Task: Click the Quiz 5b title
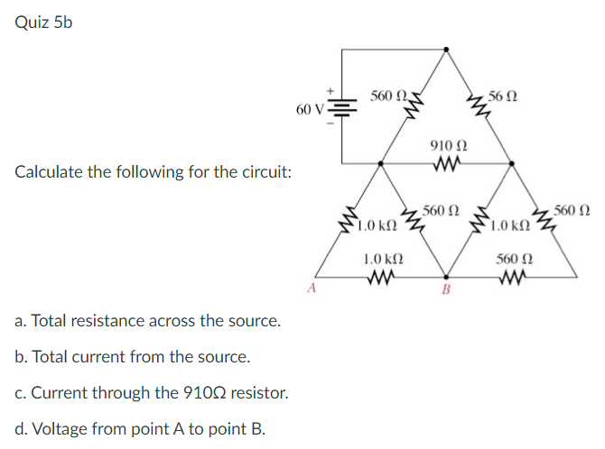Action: pos(43,23)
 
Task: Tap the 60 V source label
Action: pos(309,110)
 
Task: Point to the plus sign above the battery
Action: pos(330,90)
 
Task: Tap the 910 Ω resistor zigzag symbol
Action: pos(447,163)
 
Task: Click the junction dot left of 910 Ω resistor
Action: pos(380,163)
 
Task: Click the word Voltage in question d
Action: pos(58,428)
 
